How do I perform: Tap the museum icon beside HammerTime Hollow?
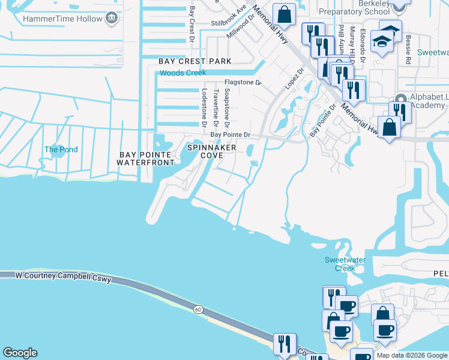(x=111, y=19)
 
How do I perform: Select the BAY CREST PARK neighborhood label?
(x=195, y=61)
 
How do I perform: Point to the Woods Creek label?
(x=182, y=73)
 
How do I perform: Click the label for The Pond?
(x=61, y=149)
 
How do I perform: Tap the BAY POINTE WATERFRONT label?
(x=146, y=158)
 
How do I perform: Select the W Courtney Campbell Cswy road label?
(x=64, y=276)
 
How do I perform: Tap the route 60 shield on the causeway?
(x=198, y=309)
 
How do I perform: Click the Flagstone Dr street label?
(x=243, y=82)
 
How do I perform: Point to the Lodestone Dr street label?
(x=205, y=109)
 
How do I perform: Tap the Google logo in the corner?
(x=20, y=353)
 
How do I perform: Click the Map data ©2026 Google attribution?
(x=411, y=355)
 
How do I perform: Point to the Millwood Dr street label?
(x=238, y=28)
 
